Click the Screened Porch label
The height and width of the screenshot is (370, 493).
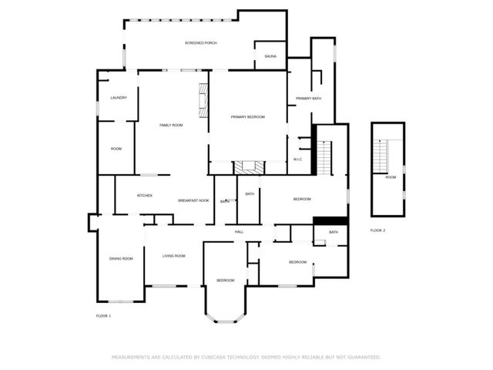pyautogui.click(x=200, y=43)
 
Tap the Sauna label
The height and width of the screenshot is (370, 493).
pyautogui.click(x=270, y=56)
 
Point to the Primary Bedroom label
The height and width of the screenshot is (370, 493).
pyautogui.click(x=248, y=116)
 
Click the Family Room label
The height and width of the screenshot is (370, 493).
pyautogui.click(x=171, y=125)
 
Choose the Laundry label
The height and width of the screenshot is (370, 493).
pyautogui.click(x=119, y=98)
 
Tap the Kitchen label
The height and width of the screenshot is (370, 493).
pyautogui.click(x=145, y=196)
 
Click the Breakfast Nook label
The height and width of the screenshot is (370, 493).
pyautogui.click(x=193, y=200)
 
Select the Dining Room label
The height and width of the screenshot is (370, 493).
pyautogui.click(x=121, y=259)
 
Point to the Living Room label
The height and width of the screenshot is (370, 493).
pyautogui.click(x=174, y=256)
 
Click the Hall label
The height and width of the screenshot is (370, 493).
pyautogui.click(x=240, y=231)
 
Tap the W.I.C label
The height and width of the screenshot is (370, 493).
pyautogui.click(x=297, y=160)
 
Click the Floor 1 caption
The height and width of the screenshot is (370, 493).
pyautogui.click(x=103, y=316)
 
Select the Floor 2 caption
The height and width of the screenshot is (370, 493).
pyautogui.click(x=377, y=230)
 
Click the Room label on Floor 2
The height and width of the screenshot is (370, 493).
pyautogui.click(x=391, y=177)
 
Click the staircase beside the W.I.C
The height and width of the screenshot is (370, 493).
pyautogui.click(x=324, y=157)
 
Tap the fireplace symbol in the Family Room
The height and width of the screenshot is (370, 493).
pyautogui.click(x=203, y=101)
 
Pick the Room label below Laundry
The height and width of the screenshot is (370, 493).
pyautogui.click(x=116, y=149)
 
